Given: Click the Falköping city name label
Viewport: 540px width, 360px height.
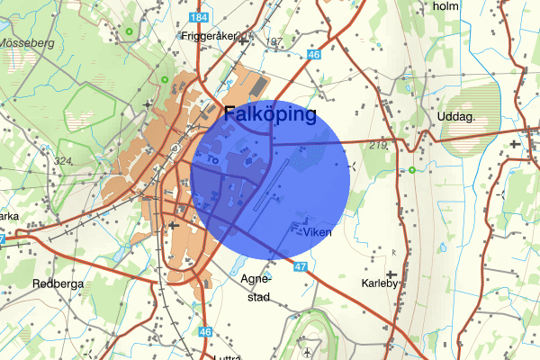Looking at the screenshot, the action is click(x=269, y=115).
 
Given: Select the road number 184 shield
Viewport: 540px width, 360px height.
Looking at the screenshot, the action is click(x=201, y=18).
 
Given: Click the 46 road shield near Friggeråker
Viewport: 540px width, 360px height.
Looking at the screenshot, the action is click(x=312, y=55).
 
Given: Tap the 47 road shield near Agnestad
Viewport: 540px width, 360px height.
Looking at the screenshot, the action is click(x=301, y=266).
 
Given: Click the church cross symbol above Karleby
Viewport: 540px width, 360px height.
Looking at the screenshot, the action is click(x=391, y=274).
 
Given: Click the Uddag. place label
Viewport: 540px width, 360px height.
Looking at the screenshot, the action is click(x=457, y=118).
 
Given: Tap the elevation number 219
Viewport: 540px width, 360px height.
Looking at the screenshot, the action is click(x=377, y=145).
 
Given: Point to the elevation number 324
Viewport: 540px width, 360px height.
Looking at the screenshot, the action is click(x=63, y=162).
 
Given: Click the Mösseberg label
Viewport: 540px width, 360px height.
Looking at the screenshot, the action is click(x=26, y=42).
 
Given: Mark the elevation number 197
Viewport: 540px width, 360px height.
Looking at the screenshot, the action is click(x=274, y=42).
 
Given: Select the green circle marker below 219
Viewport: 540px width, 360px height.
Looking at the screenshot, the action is click(x=412, y=170).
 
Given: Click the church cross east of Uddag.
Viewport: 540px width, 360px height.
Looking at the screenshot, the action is click(x=514, y=142).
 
